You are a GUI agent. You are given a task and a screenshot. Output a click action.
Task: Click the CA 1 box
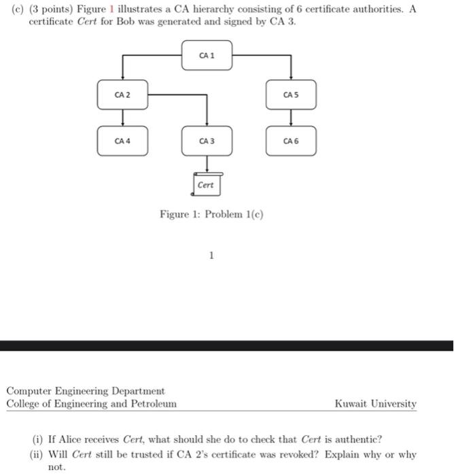pos(207,55)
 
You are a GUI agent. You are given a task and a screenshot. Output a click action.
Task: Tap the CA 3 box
pos(207,141)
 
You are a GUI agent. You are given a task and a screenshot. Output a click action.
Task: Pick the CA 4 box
pos(122,141)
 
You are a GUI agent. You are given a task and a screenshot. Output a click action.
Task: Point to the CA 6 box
pos(291,141)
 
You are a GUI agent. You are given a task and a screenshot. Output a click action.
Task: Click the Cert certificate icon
pos(206,184)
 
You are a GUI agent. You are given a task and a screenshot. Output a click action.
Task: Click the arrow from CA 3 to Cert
pos(207,164)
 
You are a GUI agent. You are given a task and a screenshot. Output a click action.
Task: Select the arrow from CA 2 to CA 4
pos(122,118)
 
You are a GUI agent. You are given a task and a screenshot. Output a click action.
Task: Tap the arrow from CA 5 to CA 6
pos(291,118)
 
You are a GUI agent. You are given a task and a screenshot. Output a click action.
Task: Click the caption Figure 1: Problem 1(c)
pos(211,214)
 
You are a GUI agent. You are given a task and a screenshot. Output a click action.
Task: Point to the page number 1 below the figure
pos(211,256)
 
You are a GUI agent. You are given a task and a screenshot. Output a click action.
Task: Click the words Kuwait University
pos(376,403)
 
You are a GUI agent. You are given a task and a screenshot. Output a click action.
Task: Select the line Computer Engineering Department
pos(86,391)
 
